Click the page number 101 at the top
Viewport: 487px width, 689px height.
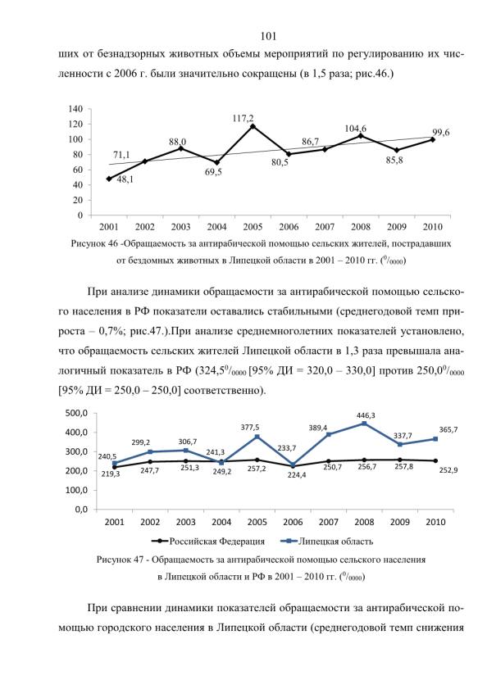coord(268,36)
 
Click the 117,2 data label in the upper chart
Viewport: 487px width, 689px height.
coord(243,118)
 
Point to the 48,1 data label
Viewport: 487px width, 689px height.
coord(125,179)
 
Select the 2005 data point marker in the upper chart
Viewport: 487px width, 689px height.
coord(253,126)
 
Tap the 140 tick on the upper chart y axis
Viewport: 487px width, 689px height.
coord(75,109)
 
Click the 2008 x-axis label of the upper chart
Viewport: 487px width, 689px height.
coord(360,227)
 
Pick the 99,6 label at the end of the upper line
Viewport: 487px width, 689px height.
coord(440,133)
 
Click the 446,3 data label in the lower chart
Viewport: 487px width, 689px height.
coord(365,415)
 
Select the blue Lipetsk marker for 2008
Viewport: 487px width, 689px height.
coord(364,424)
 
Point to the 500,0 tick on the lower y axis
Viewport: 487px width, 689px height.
coord(77,413)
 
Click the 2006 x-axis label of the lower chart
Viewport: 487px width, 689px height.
coord(293,522)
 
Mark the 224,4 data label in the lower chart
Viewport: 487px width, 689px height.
coord(297,475)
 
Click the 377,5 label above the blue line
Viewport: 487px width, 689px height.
coord(250,427)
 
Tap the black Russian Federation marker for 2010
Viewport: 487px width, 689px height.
coord(435,460)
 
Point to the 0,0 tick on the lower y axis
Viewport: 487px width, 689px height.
coord(82,510)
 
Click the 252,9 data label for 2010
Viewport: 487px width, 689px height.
coord(448,470)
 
